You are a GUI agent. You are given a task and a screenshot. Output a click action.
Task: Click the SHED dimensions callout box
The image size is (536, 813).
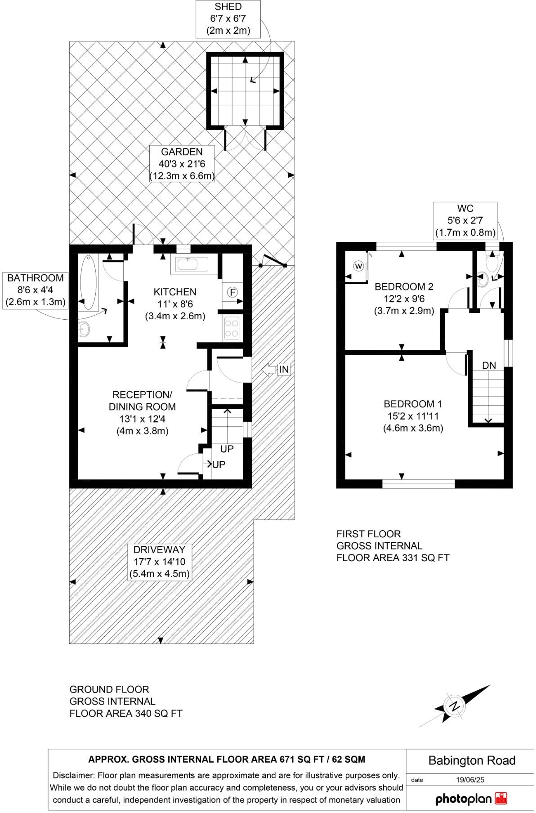point(228,19)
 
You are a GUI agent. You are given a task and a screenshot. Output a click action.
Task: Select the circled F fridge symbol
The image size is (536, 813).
point(232,292)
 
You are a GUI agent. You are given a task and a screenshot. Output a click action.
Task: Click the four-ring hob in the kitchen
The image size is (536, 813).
point(232,327)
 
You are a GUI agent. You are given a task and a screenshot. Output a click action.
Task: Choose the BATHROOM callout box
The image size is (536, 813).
point(36,290)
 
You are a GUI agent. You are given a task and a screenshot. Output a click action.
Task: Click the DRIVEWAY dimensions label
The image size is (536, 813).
point(160,562)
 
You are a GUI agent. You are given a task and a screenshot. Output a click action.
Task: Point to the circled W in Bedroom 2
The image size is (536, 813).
point(359,266)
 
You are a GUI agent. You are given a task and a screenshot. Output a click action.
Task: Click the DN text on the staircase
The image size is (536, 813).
point(489,366)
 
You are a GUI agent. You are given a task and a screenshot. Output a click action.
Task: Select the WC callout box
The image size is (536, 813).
point(465,220)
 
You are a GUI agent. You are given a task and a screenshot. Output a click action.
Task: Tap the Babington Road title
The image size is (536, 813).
point(471,760)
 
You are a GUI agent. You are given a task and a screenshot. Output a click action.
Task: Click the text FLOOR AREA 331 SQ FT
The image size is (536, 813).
point(393,558)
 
